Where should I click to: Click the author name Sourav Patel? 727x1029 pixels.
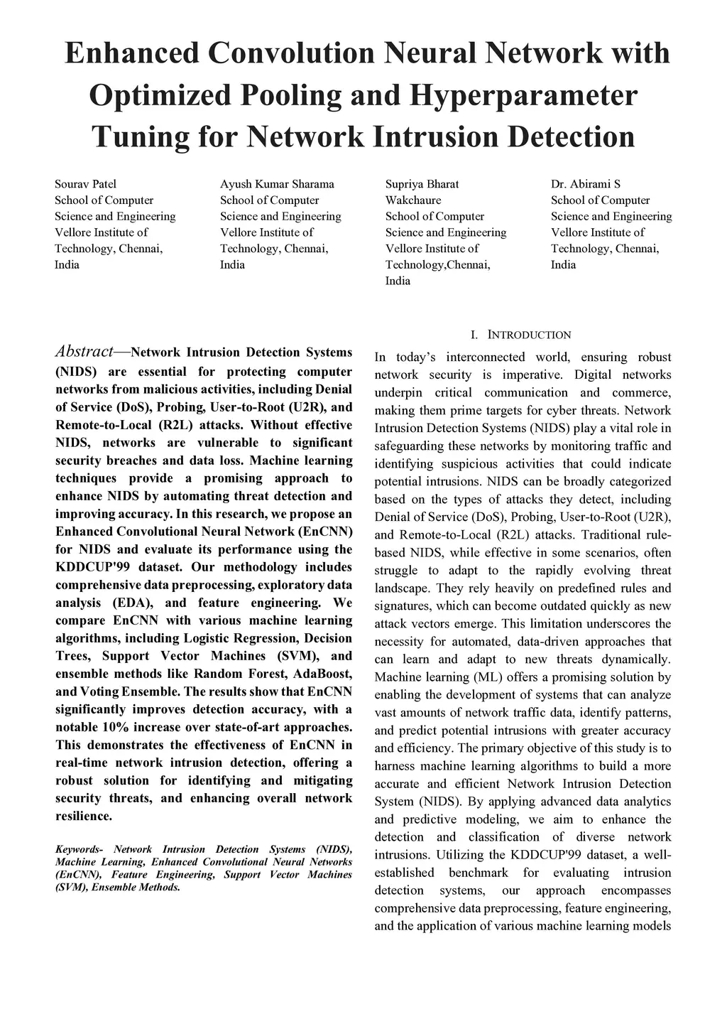tap(85, 184)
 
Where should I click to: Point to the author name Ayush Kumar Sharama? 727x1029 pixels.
tap(277, 184)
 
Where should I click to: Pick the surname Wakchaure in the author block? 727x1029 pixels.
tap(413, 200)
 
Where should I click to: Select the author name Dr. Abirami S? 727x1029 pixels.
tap(586, 184)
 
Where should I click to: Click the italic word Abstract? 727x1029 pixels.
tap(84, 351)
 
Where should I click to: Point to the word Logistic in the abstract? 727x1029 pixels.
tap(207, 638)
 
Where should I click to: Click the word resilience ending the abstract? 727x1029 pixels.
tap(84, 816)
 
